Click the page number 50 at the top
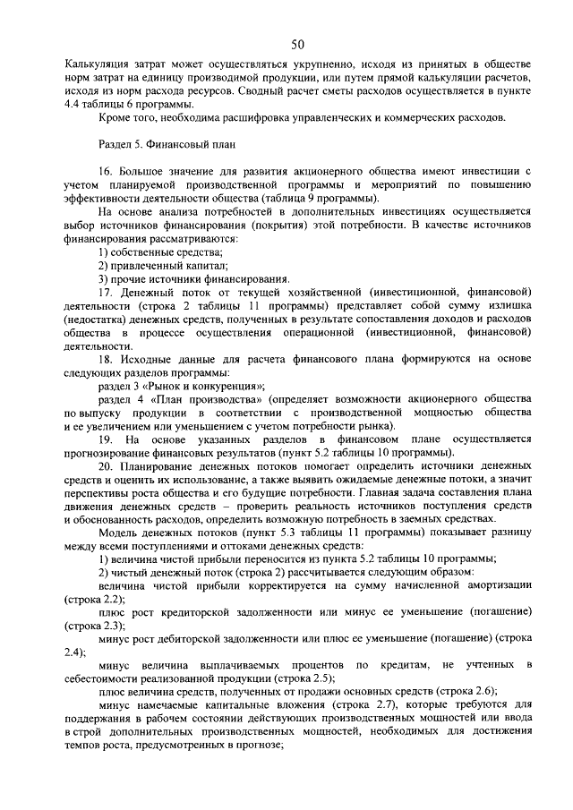(297, 46)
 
